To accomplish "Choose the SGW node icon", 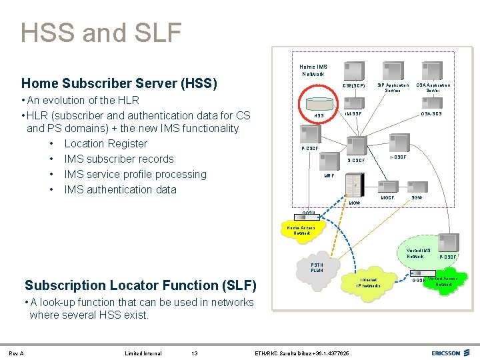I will point(419,189).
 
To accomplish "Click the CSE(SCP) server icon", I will point(354,69).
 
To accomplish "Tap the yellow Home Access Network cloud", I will point(304,231).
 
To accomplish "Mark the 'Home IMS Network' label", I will point(313,70).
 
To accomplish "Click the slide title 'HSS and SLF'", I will point(101,32).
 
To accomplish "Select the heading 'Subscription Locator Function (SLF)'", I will point(141,285).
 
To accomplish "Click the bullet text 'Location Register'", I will point(105,143).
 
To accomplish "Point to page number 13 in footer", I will point(194,353).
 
